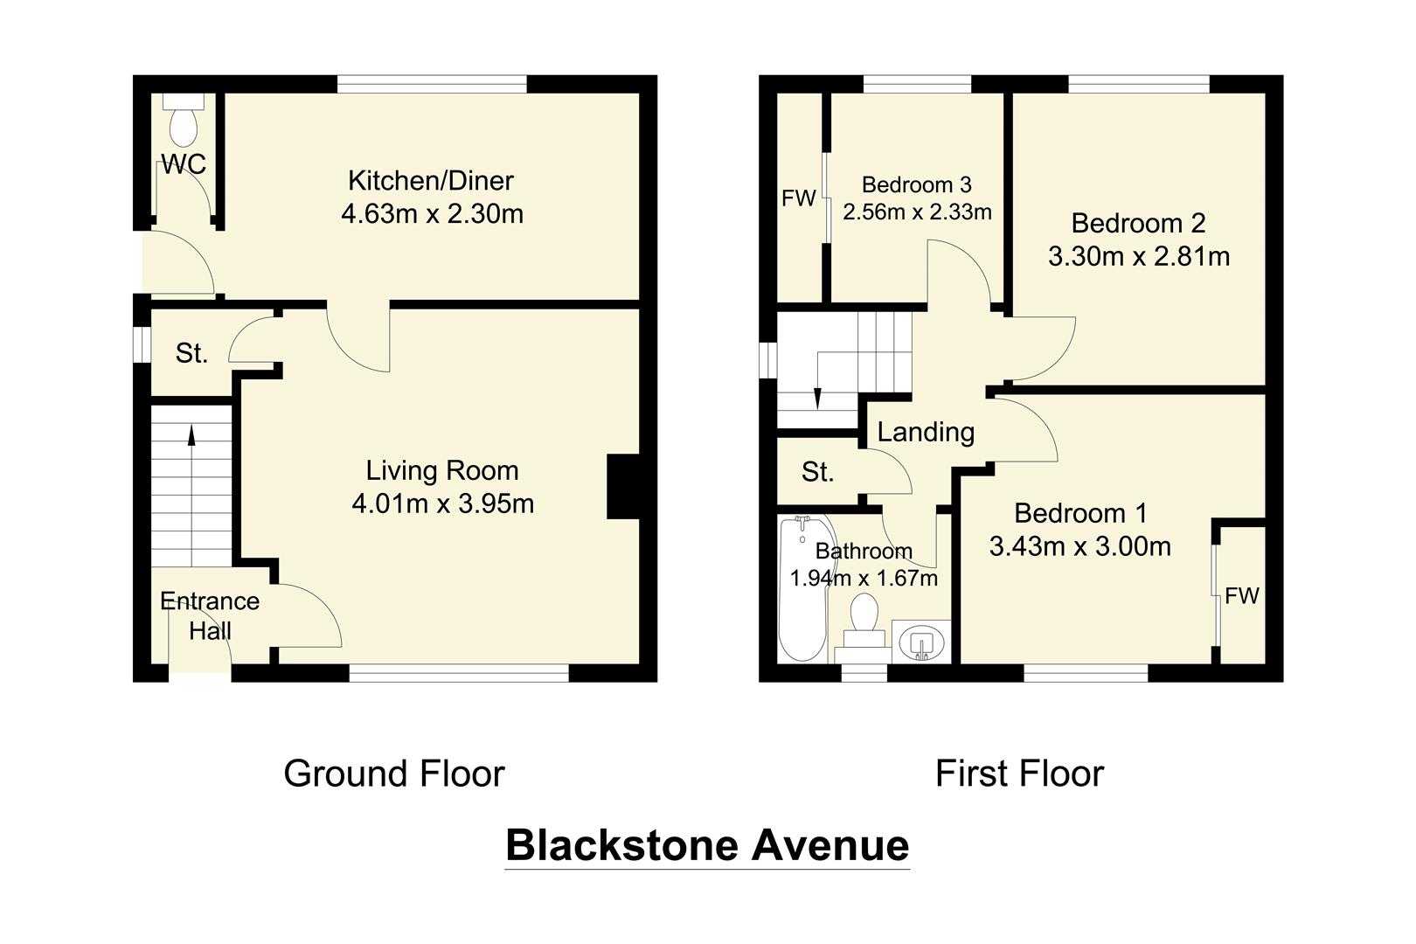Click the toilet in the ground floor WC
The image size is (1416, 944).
(184, 121)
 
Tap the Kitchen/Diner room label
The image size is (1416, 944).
(431, 181)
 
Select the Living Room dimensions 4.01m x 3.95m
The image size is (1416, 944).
(442, 504)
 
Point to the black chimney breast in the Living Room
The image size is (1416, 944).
(623, 486)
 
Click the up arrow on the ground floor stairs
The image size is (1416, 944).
(191, 435)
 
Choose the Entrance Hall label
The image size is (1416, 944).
(210, 615)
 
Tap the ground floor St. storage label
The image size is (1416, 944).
(191, 353)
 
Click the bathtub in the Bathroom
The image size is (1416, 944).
(802, 588)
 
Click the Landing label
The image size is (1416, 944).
(927, 433)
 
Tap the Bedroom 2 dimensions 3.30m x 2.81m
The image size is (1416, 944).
(1139, 257)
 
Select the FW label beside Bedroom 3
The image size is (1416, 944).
(798, 198)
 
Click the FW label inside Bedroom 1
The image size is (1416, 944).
(1241, 595)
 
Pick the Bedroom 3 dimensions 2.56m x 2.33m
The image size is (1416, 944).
(917, 212)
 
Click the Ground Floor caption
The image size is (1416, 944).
(394, 774)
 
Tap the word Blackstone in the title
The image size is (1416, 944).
(621, 845)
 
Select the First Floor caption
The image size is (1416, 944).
(1020, 774)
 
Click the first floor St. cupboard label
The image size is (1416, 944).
(818, 472)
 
